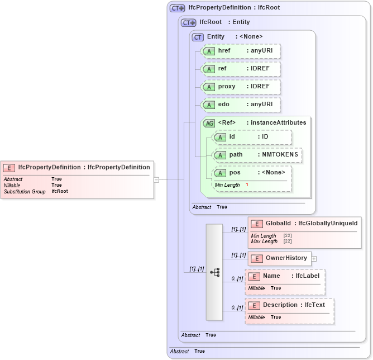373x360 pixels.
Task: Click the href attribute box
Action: pyautogui.click(x=241, y=51)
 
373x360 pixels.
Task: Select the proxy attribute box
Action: pyautogui.click(x=241, y=87)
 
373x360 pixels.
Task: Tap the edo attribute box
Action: pyautogui.click(x=241, y=105)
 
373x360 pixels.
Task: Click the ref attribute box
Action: pyautogui.click(x=241, y=69)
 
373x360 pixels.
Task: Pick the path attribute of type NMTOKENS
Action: pyautogui.click(x=257, y=155)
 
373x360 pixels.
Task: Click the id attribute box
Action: pyautogui.click(x=252, y=137)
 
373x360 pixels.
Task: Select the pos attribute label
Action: pyautogui.click(x=235, y=173)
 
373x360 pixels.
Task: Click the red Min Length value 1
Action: pyautogui.click(x=247, y=184)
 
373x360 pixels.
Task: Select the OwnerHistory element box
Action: pyautogui.click(x=279, y=258)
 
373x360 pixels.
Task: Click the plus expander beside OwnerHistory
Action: pyautogui.click(x=314, y=259)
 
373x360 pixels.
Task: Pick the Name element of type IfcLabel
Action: pyautogui.click(x=284, y=276)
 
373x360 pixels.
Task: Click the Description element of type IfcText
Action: pyautogui.click(x=289, y=305)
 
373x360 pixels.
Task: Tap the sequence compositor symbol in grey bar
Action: pyautogui.click(x=214, y=272)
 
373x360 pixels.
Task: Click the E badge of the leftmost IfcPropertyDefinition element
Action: pyautogui.click(x=9, y=167)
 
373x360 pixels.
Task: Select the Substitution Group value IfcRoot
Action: pyautogui.click(x=59, y=191)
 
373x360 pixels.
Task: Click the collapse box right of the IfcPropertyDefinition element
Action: pyautogui.click(x=157, y=179)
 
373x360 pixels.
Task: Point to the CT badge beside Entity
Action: pyautogui.click(x=198, y=37)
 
